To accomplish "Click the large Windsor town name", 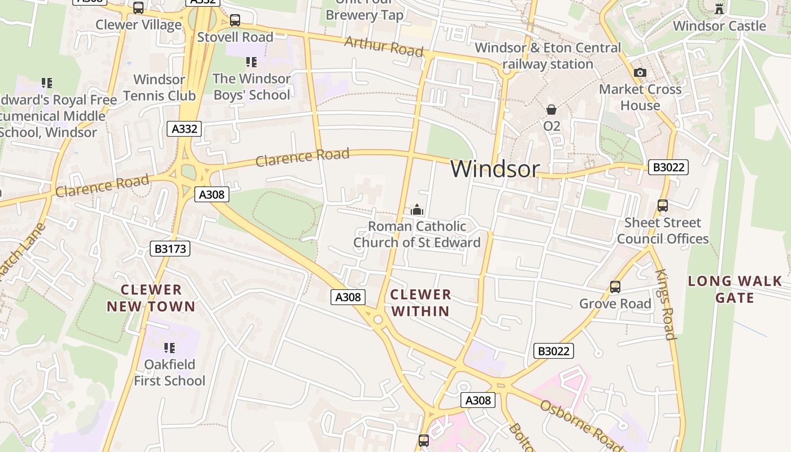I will tap(495, 168).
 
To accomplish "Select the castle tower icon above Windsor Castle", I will tap(719, 8).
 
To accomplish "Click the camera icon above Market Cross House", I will tap(640, 72).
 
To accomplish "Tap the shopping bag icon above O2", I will tap(551, 110).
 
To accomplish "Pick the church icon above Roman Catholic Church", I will tap(417, 210).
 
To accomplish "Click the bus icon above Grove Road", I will tap(615, 287).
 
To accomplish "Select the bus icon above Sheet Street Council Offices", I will tap(663, 206).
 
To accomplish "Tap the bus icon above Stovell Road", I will tap(234, 20).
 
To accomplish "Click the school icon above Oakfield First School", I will tap(169, 347).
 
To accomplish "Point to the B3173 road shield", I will tap(170, 249).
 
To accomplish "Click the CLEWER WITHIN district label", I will tap(421, 302).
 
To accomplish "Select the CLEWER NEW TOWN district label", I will tap(151, 298).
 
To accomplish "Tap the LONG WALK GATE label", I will tap(734, 289).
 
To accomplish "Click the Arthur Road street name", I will tap(384, 46).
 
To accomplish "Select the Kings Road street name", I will tap(665, 304).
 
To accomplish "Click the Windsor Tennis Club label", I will tap(159, 88).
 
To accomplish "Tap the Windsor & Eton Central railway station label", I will tap(547, 55).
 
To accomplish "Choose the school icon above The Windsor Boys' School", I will tap(251, 62).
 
